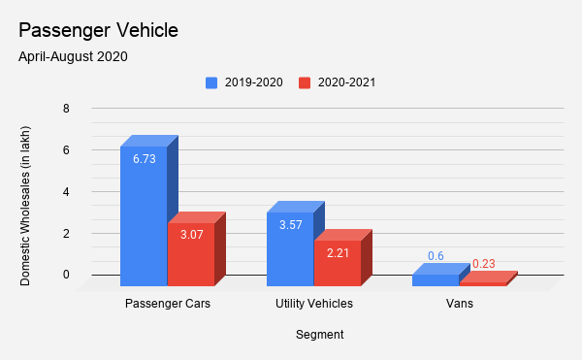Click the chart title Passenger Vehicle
click(x=98, y=30)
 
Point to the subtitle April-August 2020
click(x=73, y=56)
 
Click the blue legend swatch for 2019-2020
click(x=211, y=82)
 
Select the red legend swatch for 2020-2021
click(x=306, y=82)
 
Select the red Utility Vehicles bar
click(x=337, y=263)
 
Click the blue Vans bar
click(x=435, y=280)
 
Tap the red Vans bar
click(x=482, y=283)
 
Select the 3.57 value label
click(x=289, y=225)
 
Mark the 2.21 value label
click(x=337, y=253)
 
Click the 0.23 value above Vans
click(x=484, y=263)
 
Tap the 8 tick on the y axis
click(x=66, y=109)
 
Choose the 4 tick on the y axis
click(x=66, y=192)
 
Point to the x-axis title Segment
click(x=320, y=335)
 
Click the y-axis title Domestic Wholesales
click(x=25, y=204)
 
